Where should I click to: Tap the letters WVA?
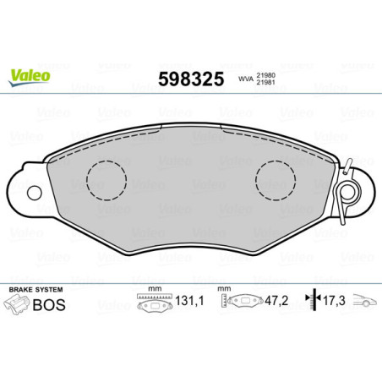244,79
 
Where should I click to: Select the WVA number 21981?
266,84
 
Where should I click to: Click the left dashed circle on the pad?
106,178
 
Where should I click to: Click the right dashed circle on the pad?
276,178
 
